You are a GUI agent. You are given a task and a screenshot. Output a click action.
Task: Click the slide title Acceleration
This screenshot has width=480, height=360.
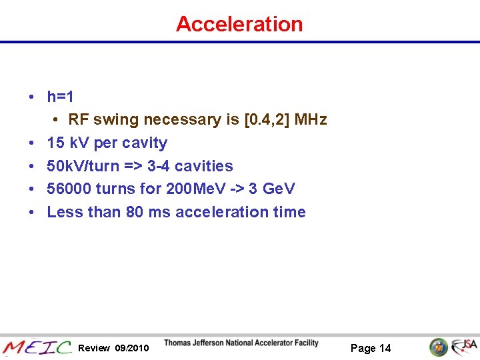(239, 24)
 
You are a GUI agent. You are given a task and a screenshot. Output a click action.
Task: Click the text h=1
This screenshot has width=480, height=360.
(60, 97)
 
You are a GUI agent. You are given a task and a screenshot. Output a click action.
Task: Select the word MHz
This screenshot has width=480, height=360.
(310, 120)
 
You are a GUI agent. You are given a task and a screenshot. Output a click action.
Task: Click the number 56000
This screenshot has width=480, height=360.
(69, 189)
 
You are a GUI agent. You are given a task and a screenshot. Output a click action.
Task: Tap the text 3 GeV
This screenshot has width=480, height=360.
(271, 189)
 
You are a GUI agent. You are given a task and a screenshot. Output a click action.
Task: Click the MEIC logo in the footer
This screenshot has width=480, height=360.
(37, 347)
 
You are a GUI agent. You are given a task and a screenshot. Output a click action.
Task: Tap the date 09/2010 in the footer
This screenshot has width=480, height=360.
(132, 348)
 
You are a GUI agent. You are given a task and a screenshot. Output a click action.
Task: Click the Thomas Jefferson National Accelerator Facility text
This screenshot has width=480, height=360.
(241, 343)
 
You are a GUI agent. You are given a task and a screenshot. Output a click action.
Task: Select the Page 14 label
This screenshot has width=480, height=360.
(371, 348)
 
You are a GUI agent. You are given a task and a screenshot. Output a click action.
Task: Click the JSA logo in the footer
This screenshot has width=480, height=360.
(463, 347)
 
